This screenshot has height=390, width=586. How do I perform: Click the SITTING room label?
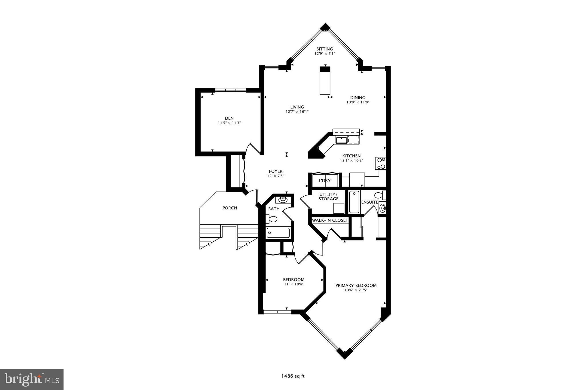point(324,49)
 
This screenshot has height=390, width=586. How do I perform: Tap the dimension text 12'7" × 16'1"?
point(297,112)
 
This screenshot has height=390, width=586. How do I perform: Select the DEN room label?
point(229,118)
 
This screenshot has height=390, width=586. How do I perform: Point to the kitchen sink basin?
point(341,140)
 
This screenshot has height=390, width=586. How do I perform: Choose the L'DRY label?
point(324,181)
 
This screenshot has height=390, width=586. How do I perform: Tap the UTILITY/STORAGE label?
point(328,197)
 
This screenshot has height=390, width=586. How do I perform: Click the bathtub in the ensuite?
point(354,202)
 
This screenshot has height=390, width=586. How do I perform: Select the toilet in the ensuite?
point(379,195)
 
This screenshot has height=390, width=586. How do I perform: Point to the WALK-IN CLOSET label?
point(330,220)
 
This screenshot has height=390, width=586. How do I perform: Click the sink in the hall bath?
point(283,199)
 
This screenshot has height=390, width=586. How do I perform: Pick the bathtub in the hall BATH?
point(278,233)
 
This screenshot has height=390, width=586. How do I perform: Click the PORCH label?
point(230,208)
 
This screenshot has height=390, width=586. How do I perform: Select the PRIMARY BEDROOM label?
point(356,285)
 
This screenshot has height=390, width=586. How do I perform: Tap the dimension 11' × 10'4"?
point(294,284)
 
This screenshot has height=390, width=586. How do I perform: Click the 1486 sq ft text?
point(293,376)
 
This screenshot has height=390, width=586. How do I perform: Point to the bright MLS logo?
point(31,379)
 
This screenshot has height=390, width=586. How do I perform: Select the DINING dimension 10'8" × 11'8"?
point(358,102)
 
